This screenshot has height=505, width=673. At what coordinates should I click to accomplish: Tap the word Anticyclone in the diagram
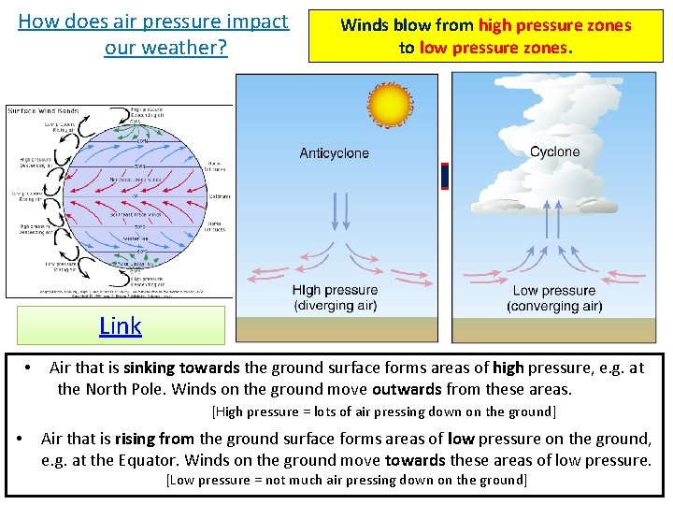(x=334, y=153)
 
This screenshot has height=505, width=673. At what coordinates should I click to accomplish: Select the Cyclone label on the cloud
(x=554, y=151)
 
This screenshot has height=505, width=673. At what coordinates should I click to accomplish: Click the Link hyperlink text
(x=121, y=325)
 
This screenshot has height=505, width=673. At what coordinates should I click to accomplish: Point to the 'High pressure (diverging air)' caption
(x=335, y=298)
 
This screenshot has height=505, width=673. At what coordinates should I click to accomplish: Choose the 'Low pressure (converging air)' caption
(x=554, y=298)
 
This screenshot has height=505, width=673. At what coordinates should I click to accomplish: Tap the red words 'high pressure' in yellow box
(x=554, y=25)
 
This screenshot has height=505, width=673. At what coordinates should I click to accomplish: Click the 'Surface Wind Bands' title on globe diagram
(x=36, y=111)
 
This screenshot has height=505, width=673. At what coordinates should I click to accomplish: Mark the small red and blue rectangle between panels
(x=445, y=176)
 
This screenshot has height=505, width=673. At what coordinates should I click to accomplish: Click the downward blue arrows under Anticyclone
(x=340, y=211)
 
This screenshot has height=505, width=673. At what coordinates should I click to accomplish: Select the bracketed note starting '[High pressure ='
(x=383, y=411)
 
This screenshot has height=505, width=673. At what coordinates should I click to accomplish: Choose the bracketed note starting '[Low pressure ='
(x=346, y=480)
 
